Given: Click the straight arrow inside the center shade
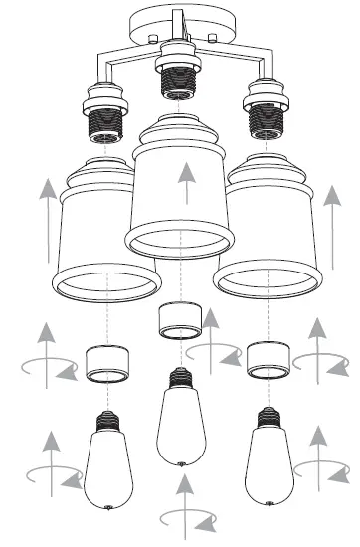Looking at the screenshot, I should (183, 186).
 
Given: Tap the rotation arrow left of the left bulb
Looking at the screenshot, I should (49, 463).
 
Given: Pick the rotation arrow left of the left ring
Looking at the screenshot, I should (46, 358).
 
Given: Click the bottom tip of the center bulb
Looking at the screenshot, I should (180, 463).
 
